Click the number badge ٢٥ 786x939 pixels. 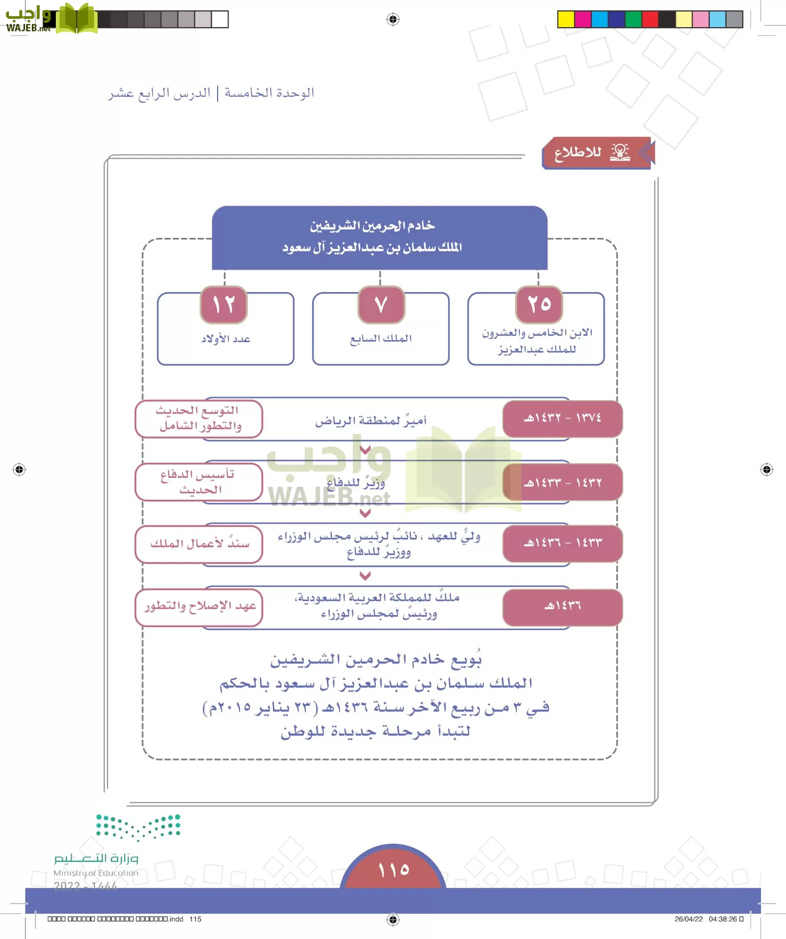tap(539, 304)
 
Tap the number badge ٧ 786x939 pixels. tap(381, 304)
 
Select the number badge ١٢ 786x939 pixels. tap(223, 304)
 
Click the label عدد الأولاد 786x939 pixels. tap(225, 339)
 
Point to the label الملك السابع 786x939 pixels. tap(381, 339)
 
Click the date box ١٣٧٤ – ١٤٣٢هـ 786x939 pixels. tap(562, 418)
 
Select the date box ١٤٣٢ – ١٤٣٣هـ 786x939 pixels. tap(562, 483)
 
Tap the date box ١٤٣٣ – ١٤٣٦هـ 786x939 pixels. tap(562, 543)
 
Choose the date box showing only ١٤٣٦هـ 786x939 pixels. tap(562, 607)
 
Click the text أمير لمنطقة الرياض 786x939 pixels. tap(371, 420)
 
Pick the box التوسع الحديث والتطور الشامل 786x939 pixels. tap(199, 418)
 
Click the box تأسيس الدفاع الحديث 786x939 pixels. tap(199, 482)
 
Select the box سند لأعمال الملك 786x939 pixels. tap(199, 544)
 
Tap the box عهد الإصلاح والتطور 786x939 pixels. tap(199, 606)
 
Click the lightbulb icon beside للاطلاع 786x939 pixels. tap(620, 152)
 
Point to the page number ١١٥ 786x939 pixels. tap(394, 870)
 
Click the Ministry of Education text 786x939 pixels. tap(96, 873)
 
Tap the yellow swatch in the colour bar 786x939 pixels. tap(566, 19)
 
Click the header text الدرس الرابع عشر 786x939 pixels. tap(159, 93)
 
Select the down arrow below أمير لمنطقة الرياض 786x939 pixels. tap(365, 450)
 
